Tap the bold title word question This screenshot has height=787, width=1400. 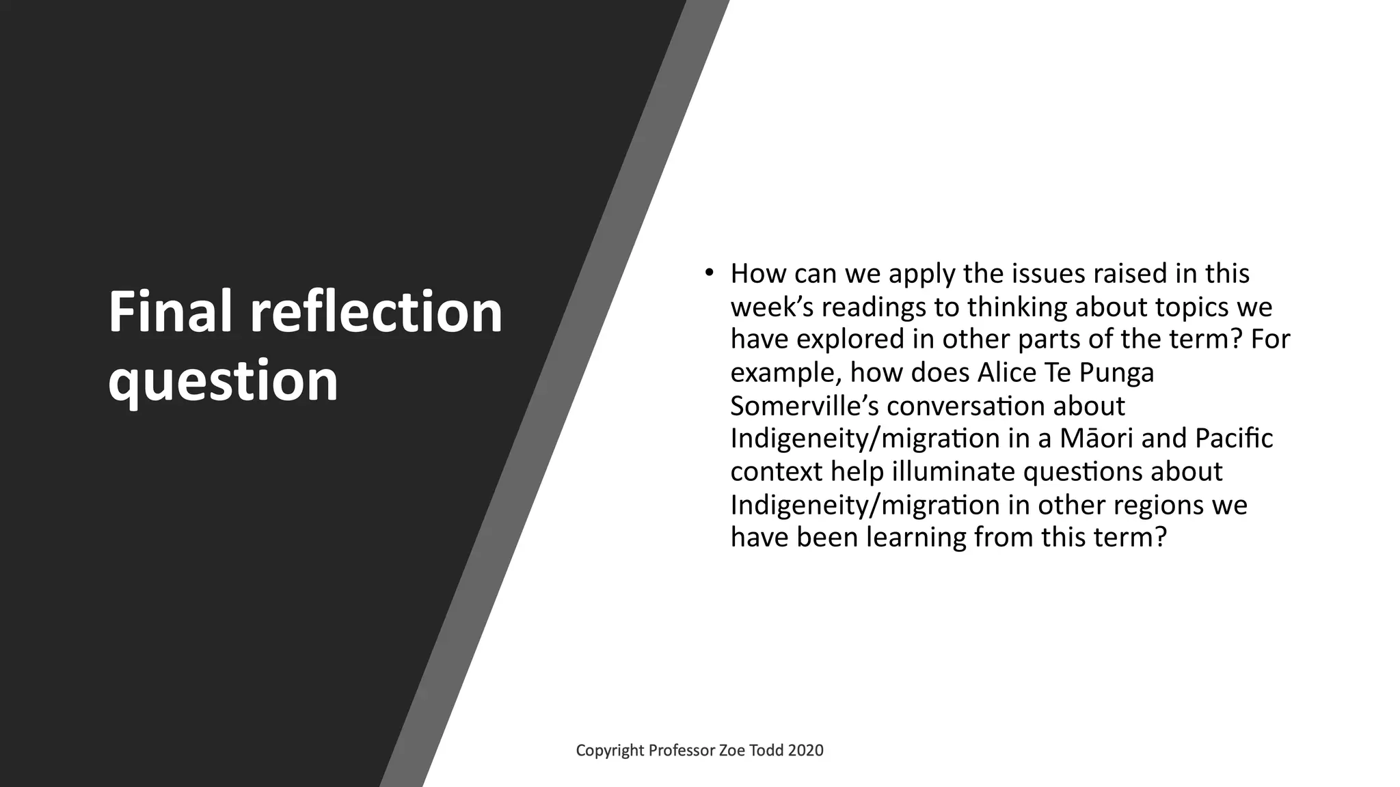tap(223, 381)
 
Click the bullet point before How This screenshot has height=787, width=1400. tap(709, 273)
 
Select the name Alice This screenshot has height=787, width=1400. tap(1005, 373)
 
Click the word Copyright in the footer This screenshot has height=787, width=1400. tap(610, 751)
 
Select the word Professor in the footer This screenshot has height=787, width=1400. tap(681, 751)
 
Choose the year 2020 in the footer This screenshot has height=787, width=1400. tap(805, 751)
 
